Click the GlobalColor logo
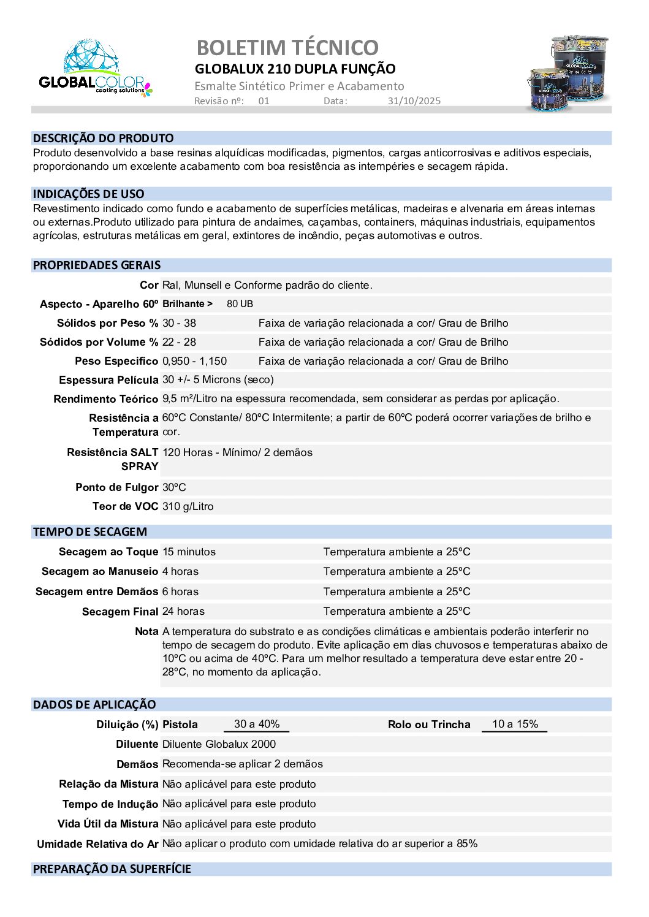pyautogui.click(x=95, y=69)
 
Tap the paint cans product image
pyautogui.click(x=568, y=73)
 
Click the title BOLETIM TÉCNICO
pyautogui.click(x=287, y=48)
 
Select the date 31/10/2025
pyautogui.click(x=414, y=101)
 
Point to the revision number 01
pyautogui.click(x=264, y=101)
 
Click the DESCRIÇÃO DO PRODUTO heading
pyautogui.click(x=104, y=139)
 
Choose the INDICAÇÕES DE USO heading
pyautogui.click(x=89, y=194)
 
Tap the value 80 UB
pyautogui.click(x=240, y=304)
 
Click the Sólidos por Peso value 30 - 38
pyautogui.click(x=179, y=323)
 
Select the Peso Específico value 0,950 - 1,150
pyautogui.click(x=194, y=361)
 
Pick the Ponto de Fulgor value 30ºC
pyautogui.click(x=174, y=487)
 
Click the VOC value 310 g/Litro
pyautogui.click(x=188, y=506)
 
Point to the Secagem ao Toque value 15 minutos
pyautogui.click(x=189, y=552)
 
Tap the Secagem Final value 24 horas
pyautogui.click(x=183, y=611)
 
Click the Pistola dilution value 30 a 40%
pyautogui.click(x=257, y=724)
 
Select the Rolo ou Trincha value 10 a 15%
pyautogui.click(x=515, y=724)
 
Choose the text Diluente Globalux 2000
pyautogui.click(x=219, y=744)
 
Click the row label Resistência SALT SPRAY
pyautogui.click(x=113, y=459)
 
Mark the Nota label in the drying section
pyautogui.click(x=146, y=631)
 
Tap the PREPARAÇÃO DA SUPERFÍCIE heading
pyautogui.click(x=112, y=869)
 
